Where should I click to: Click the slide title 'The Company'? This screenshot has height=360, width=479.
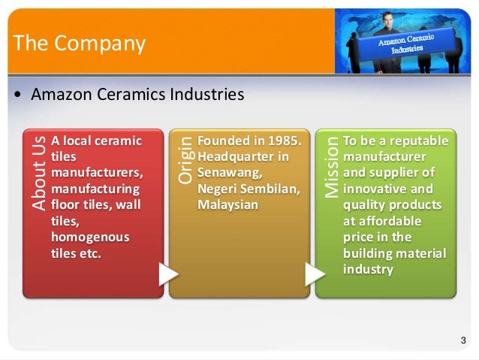pyautogui.click(x=79, y=44)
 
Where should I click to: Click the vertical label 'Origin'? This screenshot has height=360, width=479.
pyautogui.click(x=185, y=159)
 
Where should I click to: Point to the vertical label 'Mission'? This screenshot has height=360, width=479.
pyautogui.click(x=331, y=167)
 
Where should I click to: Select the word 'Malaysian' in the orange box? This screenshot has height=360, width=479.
pyautogui.click(x=228, y=204)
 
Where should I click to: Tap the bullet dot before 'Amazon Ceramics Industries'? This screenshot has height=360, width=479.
pyautogui.click(x=17, y=96)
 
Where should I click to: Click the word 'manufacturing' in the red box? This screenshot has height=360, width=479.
pyautogui.click(x=95, y=188)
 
